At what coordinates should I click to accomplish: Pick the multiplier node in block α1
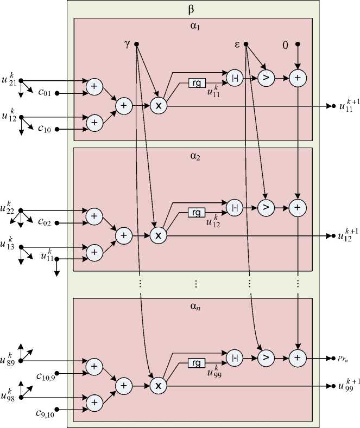pos(158,106)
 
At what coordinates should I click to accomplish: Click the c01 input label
pos(45,93)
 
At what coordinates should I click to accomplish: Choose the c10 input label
pos(45,130)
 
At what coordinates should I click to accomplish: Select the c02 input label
pos(45,222)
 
